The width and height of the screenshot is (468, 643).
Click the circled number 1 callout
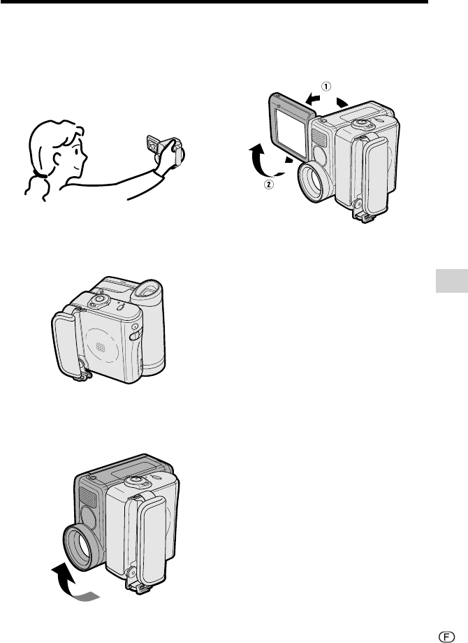pyautogui.click(x=326, y=87)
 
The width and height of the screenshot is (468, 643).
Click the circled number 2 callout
pyautogui.click(x=269, y=185)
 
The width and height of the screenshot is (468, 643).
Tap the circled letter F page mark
pyautogui.click(x=446, y=636)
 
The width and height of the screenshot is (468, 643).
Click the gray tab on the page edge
pyautogui.click(x=452, y=281)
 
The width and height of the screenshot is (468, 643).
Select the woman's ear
pyautogui.click(x=57, y=158)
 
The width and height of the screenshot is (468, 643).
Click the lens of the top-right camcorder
pyautogui.click(x=313, y=182)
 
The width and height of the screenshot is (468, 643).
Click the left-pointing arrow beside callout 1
pyautogui.click(x=313, y=99)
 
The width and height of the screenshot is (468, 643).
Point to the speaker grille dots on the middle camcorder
pyautogui.click(x=100, y=348)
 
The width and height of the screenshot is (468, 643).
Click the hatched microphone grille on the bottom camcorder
pyautogui.click(x=87, y=498)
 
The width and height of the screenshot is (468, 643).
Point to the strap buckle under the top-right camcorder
pyautogui.click(x=363, y=214)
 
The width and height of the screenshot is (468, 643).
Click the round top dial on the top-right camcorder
pyautogui.click(x=360, y=122)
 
